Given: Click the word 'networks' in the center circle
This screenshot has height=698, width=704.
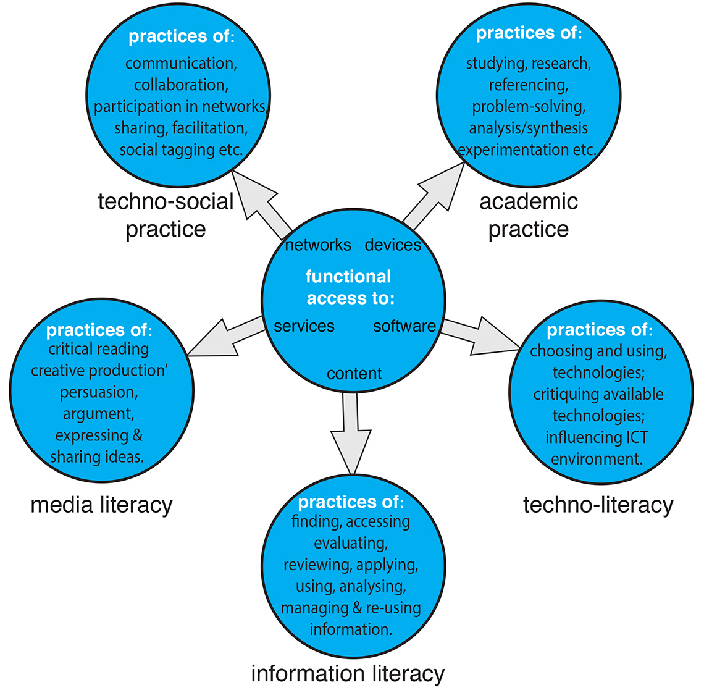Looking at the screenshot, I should tap(318, 245).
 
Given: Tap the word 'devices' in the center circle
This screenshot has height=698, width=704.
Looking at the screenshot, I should tap(393, 245).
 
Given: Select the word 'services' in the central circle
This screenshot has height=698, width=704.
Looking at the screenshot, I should tap(304, 326).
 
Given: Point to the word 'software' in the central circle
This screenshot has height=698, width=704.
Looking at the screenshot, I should tap(404, 326).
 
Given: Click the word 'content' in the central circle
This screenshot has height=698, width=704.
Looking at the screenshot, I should tap(354, 374).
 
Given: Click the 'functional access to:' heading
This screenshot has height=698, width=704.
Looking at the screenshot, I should tap(350, 287).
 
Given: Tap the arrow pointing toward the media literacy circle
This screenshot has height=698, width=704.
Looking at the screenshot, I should tap(222, 338).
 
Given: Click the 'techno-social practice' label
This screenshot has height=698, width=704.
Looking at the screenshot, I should tap(166, 215).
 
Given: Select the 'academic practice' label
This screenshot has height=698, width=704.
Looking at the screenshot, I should tap(529, 215).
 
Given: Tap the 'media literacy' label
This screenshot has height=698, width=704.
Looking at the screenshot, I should tap(101, 505).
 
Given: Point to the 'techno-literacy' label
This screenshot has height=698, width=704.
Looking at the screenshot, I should tap(598, 505).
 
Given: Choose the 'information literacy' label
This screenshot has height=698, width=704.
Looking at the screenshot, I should tap(348, 673).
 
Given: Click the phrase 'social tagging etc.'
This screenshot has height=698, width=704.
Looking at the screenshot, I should tap(181, 150).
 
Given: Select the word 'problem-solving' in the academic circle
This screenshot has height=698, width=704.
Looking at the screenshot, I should tap(529, 107).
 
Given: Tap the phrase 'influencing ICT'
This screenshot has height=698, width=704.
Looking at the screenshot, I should tap(597, 438).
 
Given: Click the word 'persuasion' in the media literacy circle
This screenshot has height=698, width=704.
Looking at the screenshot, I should tap(99, 392).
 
